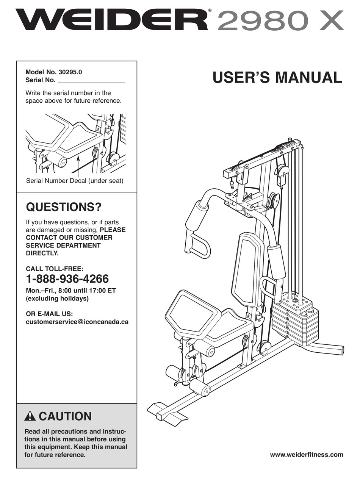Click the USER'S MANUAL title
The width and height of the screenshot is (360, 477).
[x=277, y=77]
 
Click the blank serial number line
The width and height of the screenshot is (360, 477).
[x=91, y=81]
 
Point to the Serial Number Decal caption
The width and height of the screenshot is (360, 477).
[x=75, y=181]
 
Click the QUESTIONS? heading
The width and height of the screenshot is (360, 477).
[x=63, y=207]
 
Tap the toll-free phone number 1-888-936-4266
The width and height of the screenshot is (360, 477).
[x=67, y=279]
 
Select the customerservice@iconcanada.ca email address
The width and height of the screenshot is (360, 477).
[x=77, y=322]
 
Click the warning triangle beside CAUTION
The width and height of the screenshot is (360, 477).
[x=30, y=416]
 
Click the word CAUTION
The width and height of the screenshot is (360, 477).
[x=65, y=416]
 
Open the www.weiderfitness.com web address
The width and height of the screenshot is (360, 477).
[x=306, y=455]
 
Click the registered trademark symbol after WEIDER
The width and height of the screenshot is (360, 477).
[x=209, y=11]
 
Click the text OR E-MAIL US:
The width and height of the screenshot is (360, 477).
[x=49, y=314]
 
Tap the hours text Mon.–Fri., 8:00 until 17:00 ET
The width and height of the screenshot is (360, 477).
[x=70, y=291]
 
